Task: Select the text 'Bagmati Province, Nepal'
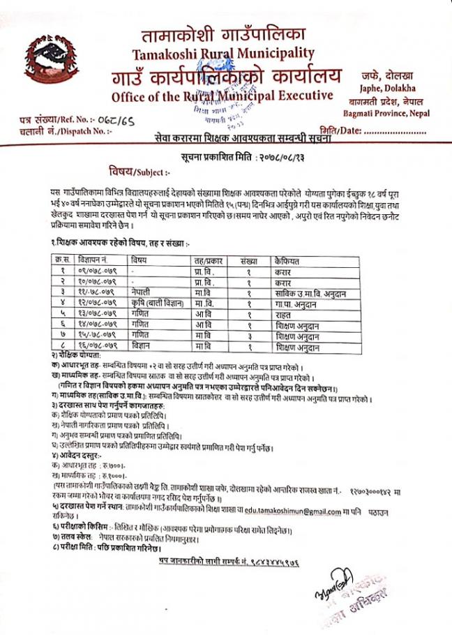(x=390, y=113)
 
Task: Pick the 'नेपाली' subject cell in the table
(x=142, y=290)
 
